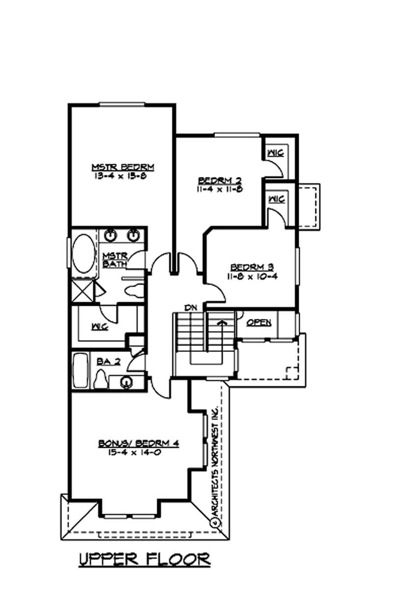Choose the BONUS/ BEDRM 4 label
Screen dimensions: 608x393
(139, 443)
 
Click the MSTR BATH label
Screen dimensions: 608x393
(115, 260)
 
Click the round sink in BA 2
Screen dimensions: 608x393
(126, 381)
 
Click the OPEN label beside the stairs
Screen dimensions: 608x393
(259, 323)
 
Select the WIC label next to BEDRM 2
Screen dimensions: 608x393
(276, 153)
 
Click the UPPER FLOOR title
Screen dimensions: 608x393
(145, 559)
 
